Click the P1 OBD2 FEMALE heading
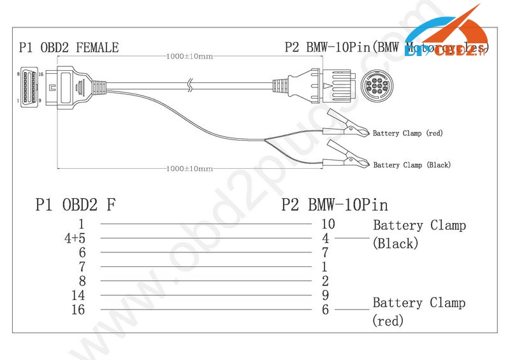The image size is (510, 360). pos(68,47)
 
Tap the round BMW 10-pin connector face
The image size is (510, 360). pos(375,85)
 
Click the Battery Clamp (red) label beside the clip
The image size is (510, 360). pos(407,133)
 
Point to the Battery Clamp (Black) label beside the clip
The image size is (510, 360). pos(412,165)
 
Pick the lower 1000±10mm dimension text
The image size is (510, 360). pos(189,168)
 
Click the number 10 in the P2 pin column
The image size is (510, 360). pos(328,224)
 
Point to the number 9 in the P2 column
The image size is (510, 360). pos(325,296)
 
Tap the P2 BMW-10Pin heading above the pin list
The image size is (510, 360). pos(335,205)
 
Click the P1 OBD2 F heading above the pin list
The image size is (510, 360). pos(75,205)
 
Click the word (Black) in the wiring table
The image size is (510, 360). pos(395,243)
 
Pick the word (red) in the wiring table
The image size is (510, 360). pos(388,322)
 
